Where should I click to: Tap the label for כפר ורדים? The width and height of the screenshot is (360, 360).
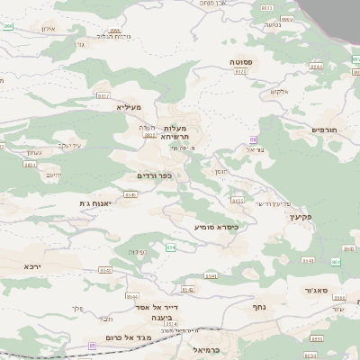pos(154,175)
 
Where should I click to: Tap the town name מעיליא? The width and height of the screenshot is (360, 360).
pos(130,107)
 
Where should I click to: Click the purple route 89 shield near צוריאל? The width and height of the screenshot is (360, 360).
pos(253,139)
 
